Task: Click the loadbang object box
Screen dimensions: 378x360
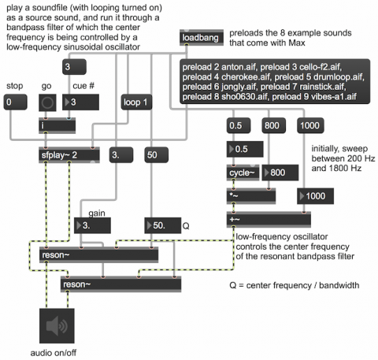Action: pos(202,38)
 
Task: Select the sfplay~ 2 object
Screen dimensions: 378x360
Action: pos(69,155)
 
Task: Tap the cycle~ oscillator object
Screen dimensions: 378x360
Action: pos(243,173)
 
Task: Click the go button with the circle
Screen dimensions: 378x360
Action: pos(47,102)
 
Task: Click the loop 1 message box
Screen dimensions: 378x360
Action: pos(136,102)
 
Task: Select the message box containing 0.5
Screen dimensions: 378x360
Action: pos(239,125)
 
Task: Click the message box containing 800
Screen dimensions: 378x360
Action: pos(273,125)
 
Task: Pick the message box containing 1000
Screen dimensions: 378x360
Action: pos(310,125)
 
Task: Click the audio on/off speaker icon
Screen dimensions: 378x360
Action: pos(57,326)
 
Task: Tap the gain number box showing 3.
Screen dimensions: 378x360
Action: pos(92,225)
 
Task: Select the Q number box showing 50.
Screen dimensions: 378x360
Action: pos(163,225)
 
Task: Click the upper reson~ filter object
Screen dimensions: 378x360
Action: pos(98,254)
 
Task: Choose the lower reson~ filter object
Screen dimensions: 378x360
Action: pos(120,284)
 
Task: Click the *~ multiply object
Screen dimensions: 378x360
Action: pos(251,196)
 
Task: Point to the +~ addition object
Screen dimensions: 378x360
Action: pos(269,219)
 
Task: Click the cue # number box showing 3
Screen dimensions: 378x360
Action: pos(80,102)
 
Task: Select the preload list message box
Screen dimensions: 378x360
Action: pos(275,81)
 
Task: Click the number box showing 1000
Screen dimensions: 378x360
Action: pos(315,196)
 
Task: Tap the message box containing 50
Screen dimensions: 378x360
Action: pos(156,155)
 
